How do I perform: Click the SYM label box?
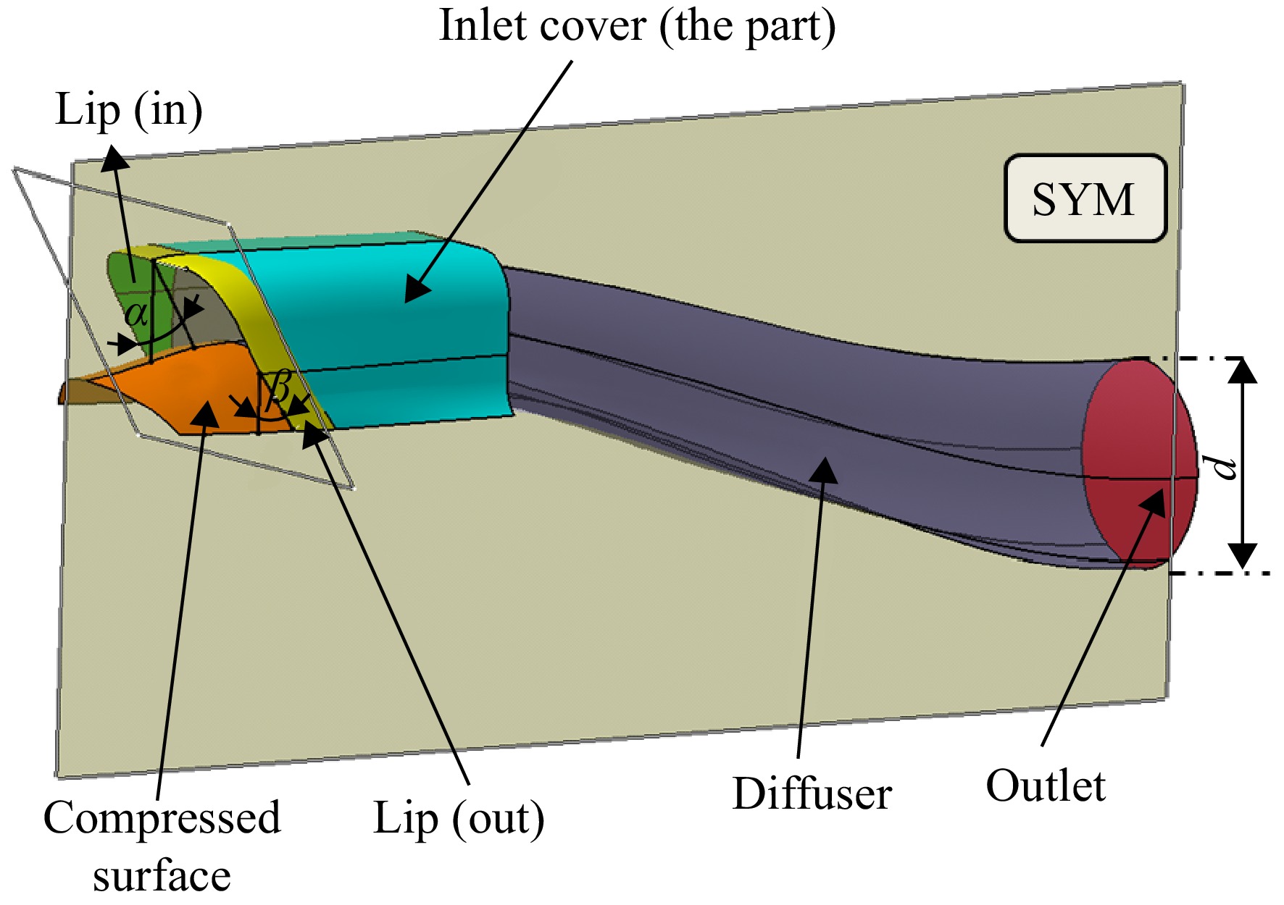tap(1085, 198)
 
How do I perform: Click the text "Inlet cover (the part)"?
tap(638, 27)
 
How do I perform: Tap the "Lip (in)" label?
tap(129, 111)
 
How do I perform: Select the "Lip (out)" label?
tap(459, 819)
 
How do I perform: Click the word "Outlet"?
tap(1046, 786)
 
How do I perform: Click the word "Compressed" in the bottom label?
tap(162, 819)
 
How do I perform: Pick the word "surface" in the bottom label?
tap(162, 876)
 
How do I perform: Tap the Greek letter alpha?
tap(136, 313)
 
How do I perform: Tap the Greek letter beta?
tap(279, 389)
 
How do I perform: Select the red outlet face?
tap(1139, 463)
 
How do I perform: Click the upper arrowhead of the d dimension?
tap(1243, 370)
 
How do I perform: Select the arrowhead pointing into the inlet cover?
tap(417, 289)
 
